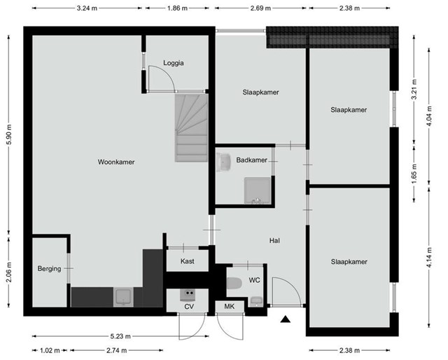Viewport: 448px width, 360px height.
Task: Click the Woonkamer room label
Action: point(116,162)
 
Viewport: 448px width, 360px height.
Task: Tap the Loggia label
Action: point(174,63)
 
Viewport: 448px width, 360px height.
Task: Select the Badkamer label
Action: point(251,160)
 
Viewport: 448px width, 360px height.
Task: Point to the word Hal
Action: point(274,240)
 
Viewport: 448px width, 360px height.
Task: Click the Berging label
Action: point(49,268)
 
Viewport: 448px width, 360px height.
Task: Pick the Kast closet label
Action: point(187,261)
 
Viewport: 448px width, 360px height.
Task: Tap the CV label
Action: point(189,307)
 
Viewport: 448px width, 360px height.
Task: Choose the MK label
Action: point(229,307)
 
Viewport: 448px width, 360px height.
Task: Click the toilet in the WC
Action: point(234,284)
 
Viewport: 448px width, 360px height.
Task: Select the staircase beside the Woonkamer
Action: point(191,127)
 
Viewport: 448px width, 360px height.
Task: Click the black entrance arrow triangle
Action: point(285,319)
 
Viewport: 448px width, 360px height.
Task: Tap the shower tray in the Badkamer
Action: point(258,191)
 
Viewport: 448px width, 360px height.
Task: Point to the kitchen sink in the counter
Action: point(123,297)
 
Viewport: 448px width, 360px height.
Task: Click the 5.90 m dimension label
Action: point(9,134)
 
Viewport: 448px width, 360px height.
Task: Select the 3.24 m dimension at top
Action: point(87,8)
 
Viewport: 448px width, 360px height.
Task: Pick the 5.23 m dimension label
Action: point(120,336)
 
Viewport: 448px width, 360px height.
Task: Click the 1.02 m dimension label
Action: point(50,350)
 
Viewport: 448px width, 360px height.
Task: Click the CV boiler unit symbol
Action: point(188,295)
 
